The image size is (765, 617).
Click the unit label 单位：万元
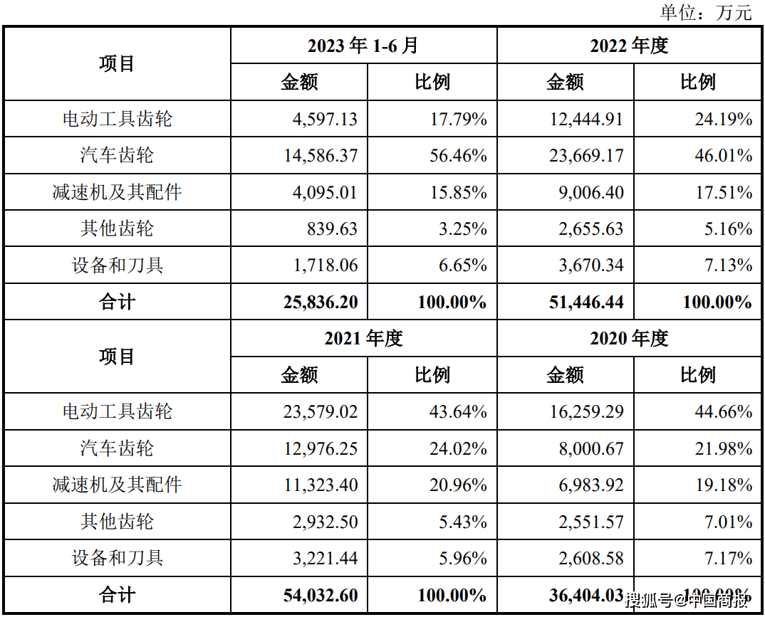click(x=705, y=11)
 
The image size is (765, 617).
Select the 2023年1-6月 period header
click(x=363, y=46)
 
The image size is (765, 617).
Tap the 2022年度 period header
click(x=629, y=46)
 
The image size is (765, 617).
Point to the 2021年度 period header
click(x=363, y=338)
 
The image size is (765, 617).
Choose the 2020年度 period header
click(x=629, y=338)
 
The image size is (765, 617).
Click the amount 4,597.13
click(x=325, y=120)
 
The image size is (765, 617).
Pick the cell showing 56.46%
click(x=458, y=155)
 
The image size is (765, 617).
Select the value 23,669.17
click(x=586, y=155)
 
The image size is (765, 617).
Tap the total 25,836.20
click(x=321, y=302)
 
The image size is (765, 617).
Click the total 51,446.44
click(x=586, y=302)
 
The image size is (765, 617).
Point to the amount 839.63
click(x=332, y=228)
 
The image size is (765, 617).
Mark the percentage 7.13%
click(x=728, y=265)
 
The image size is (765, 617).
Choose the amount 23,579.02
click(x=321, y=412)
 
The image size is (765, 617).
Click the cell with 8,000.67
click(x=590, y=448)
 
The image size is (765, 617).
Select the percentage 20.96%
click(x=458, y=485)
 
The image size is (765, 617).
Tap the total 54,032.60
click(x=321, y=595)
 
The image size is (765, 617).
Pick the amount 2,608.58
click(x=590, y=558)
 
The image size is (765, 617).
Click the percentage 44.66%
click(x=724, y=412)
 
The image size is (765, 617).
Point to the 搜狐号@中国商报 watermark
click(x=687, y=600)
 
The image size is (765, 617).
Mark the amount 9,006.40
click(x=590, y=193)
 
